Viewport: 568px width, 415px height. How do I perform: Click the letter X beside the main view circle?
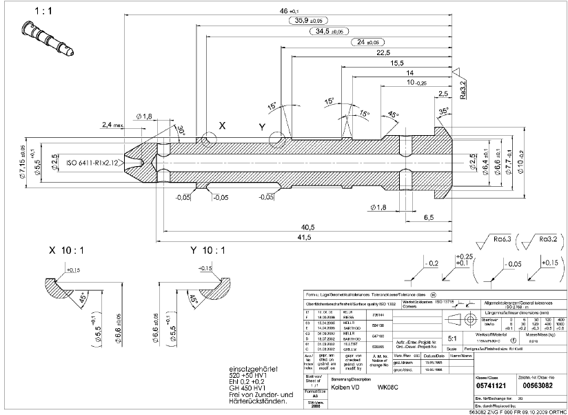222,126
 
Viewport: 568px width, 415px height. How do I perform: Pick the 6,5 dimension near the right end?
428,217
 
